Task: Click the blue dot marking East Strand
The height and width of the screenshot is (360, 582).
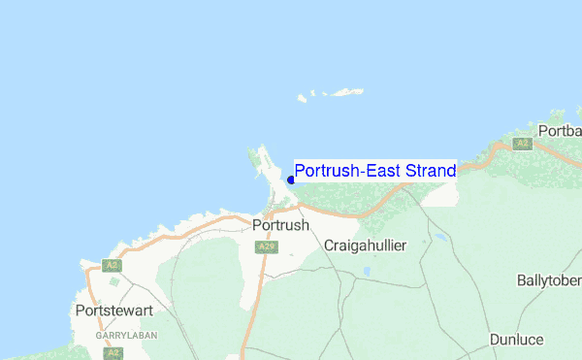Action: pyautogui.click(x=291, y=180)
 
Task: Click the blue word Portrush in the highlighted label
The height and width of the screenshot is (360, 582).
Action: pyautogui.click(x=324, y=172)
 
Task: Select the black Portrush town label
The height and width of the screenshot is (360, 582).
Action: pyautogui.click(x=279, y=225)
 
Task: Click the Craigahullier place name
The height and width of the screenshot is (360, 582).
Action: pyautogui.click(x=365, y=245)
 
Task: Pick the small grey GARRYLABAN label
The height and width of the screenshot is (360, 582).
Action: pyautogui.click(x=120, y=335)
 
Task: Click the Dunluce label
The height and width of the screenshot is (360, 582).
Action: pyautogui.click(x=516, y=340)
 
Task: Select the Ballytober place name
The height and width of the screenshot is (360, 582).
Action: pyautogui.click(x=549, y=280)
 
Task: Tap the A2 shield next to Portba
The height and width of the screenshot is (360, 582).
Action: pyautogui.click(x=523, y=144)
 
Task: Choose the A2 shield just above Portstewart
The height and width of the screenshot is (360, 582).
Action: pyautogui.click(x=113, y=264)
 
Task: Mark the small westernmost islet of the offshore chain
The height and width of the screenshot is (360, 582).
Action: pyautogui.click(x=302, y=98)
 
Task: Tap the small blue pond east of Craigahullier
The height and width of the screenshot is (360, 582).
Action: pyautogui.click(x=441, y=237)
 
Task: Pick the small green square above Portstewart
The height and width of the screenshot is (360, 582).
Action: pyautogui.click(x=114, y=282)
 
